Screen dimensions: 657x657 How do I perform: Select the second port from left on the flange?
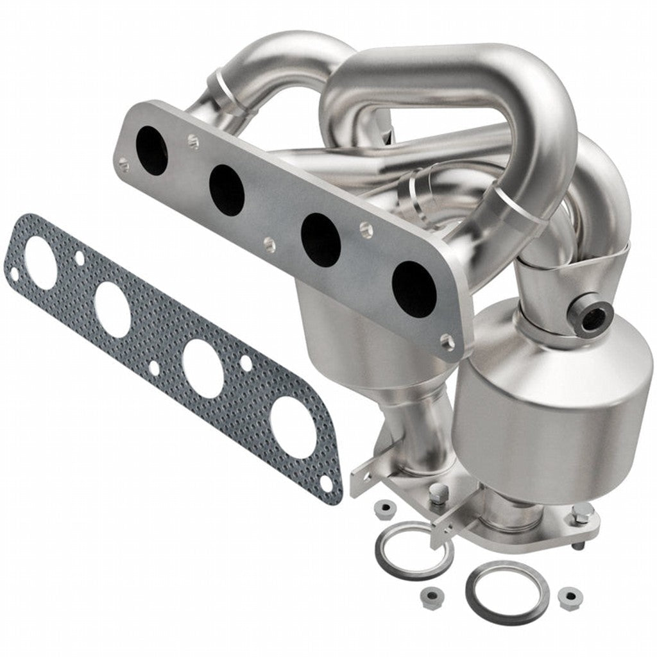(226, 189)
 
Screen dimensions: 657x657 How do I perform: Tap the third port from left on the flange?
(320, 240)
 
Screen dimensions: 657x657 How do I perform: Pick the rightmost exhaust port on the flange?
(414, 289)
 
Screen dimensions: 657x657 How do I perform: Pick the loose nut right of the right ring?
(570, 598)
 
